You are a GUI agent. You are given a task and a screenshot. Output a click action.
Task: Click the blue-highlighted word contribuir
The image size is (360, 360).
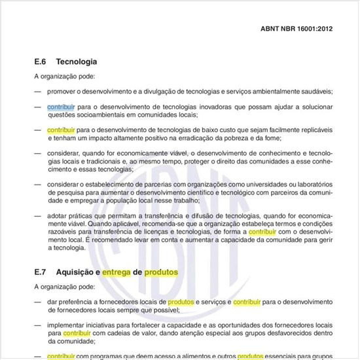click(x=61, y=106)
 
